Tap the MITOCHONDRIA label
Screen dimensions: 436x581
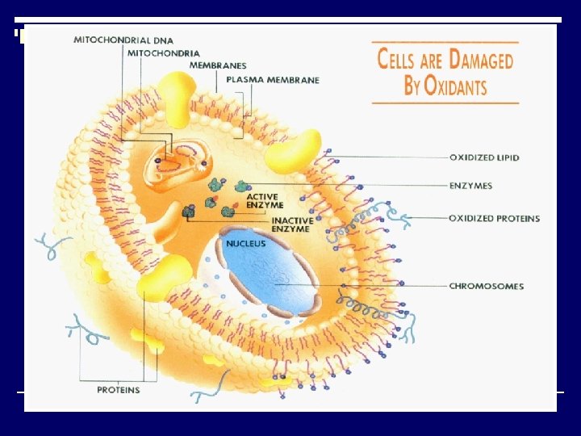coord(162,52)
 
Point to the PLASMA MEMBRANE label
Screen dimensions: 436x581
coord(273,80)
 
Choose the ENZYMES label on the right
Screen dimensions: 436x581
coord(470,187)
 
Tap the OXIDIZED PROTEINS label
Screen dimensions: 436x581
coord(494,219)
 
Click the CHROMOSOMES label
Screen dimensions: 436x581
coord(487,286)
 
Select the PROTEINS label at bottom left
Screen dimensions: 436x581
coord(119,390)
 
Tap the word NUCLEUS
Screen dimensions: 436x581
coord(245,243)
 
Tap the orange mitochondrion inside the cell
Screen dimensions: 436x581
coord(173,161)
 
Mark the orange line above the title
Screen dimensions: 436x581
coord(445,41)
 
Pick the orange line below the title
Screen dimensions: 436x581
coord(445,103)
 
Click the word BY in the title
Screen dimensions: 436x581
coord(412,86)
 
